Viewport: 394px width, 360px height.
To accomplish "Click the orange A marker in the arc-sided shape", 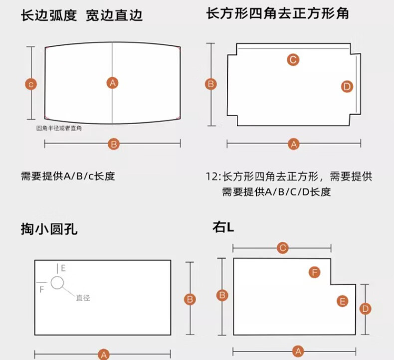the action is click(113, 83).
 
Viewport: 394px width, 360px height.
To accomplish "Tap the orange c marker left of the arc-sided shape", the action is click(31, 84).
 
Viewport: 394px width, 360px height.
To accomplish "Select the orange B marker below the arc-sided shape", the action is click(114, 144).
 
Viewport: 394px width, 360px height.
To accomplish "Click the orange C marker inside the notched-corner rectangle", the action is click(293, 60).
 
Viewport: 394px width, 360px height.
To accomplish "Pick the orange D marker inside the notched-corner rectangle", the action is click(347, 86).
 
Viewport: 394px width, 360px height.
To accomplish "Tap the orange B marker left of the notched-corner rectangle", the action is click(211, 84).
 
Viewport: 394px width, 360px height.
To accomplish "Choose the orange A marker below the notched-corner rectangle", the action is click(294, 144).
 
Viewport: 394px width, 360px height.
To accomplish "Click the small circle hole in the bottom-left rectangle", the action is click(57, 283).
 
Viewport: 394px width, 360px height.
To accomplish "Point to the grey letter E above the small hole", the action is click(63, 268).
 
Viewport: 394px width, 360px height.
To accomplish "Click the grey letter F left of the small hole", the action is click(42, 289).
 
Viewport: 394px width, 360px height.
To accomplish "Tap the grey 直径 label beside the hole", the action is click(83, 298).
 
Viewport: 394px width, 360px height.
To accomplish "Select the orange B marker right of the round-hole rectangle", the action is click(190, 299).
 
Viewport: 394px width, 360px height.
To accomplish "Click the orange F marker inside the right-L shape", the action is click(314, 272).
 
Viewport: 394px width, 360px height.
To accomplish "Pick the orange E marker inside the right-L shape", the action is click(342, 301).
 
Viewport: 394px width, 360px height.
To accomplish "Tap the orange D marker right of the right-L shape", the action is click(365, 309).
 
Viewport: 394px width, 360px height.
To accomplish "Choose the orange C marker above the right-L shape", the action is click(283, 248).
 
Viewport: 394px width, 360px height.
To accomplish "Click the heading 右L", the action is click(223, 227).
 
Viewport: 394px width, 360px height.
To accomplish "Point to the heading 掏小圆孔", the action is click(49, 229).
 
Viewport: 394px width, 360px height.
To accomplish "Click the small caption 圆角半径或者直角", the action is click(59, 128).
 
